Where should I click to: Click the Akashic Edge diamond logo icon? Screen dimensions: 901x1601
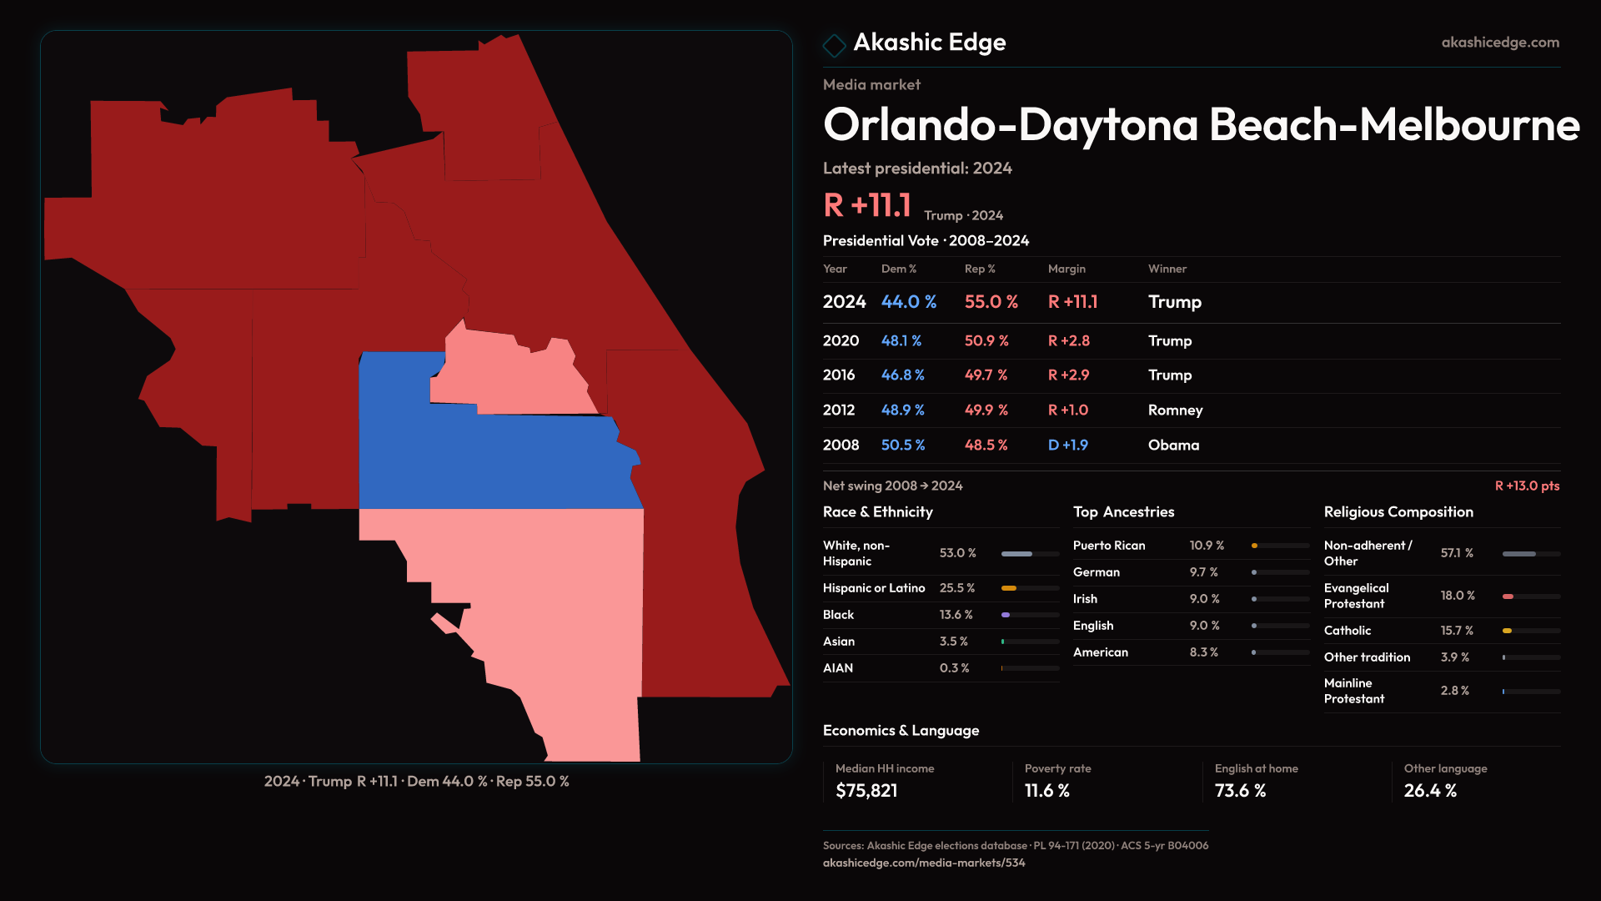tap(834, 45)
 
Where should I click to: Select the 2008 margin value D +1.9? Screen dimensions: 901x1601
tap(1067, 445)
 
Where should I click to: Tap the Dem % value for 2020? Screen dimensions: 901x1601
tap(901, 341)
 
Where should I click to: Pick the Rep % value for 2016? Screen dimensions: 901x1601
tap(986, 375)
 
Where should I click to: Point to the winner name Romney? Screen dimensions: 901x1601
tap(1175, 410)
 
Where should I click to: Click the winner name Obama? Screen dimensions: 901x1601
tap(1173, 445)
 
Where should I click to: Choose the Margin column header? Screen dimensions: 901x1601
tap(1066, 269)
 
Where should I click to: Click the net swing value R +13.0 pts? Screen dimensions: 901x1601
tap(1527, 486)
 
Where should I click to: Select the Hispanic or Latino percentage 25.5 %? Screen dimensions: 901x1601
tap(956, 588)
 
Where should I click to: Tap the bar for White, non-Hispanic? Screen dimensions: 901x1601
tap(1030, 554)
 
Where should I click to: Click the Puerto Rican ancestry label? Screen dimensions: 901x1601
tap(1109, 546)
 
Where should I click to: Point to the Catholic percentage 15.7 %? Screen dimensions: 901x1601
tap(1457, 631)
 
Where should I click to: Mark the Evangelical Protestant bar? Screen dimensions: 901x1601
tap(1530, 596)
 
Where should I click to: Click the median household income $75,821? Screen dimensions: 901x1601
tap(866, 791)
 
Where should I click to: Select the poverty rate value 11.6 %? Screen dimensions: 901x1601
tap(1046, 791)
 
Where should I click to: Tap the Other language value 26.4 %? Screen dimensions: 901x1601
tap(1430, 791)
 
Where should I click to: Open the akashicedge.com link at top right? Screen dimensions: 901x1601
tap(1500, 43)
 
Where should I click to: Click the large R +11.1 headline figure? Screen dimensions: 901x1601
tap(866, 205)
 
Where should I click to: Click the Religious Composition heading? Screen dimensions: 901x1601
tap(1398, 512)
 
